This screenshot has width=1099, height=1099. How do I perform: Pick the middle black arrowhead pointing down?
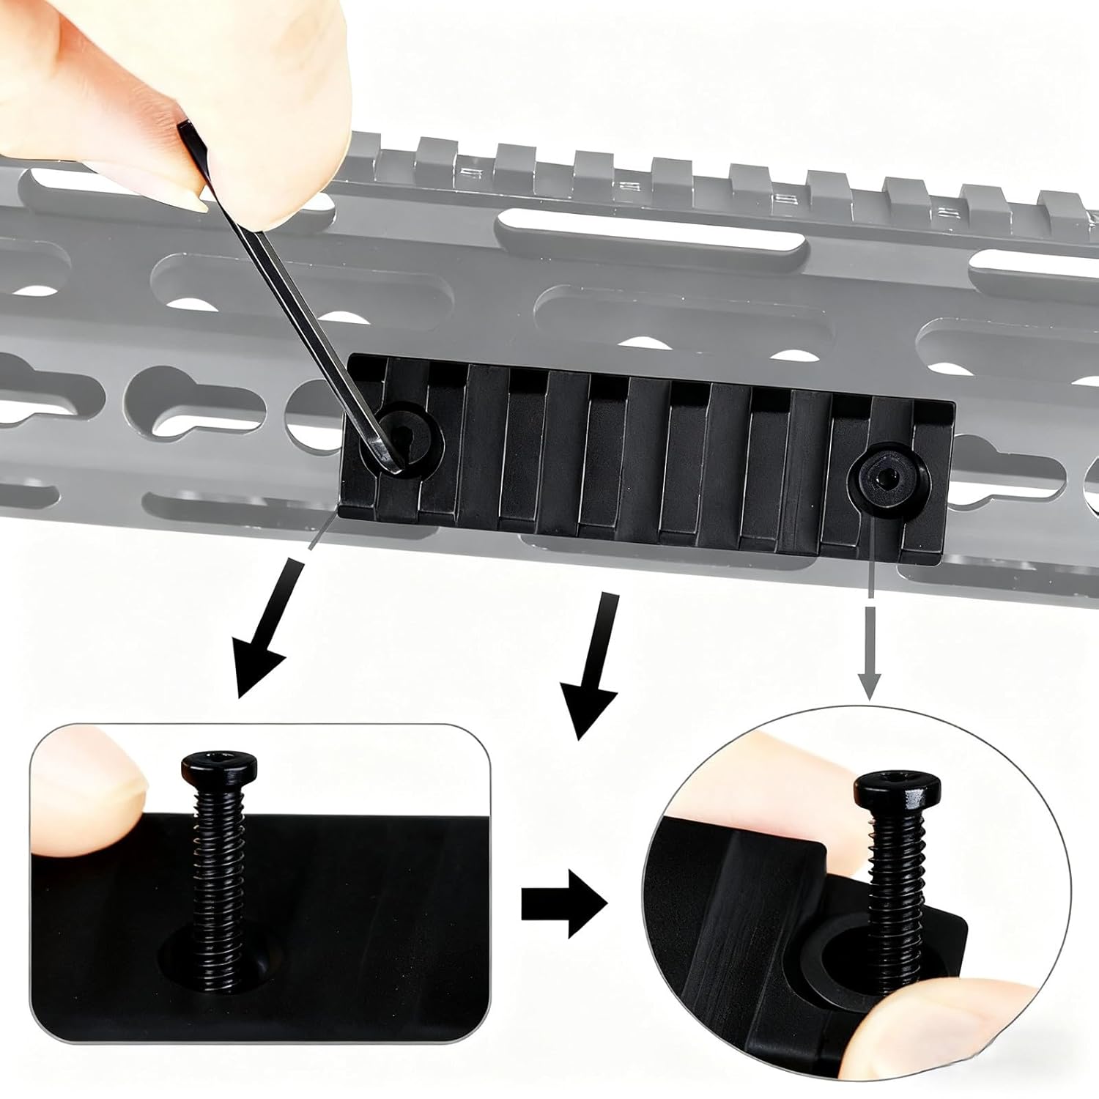[586, 707]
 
